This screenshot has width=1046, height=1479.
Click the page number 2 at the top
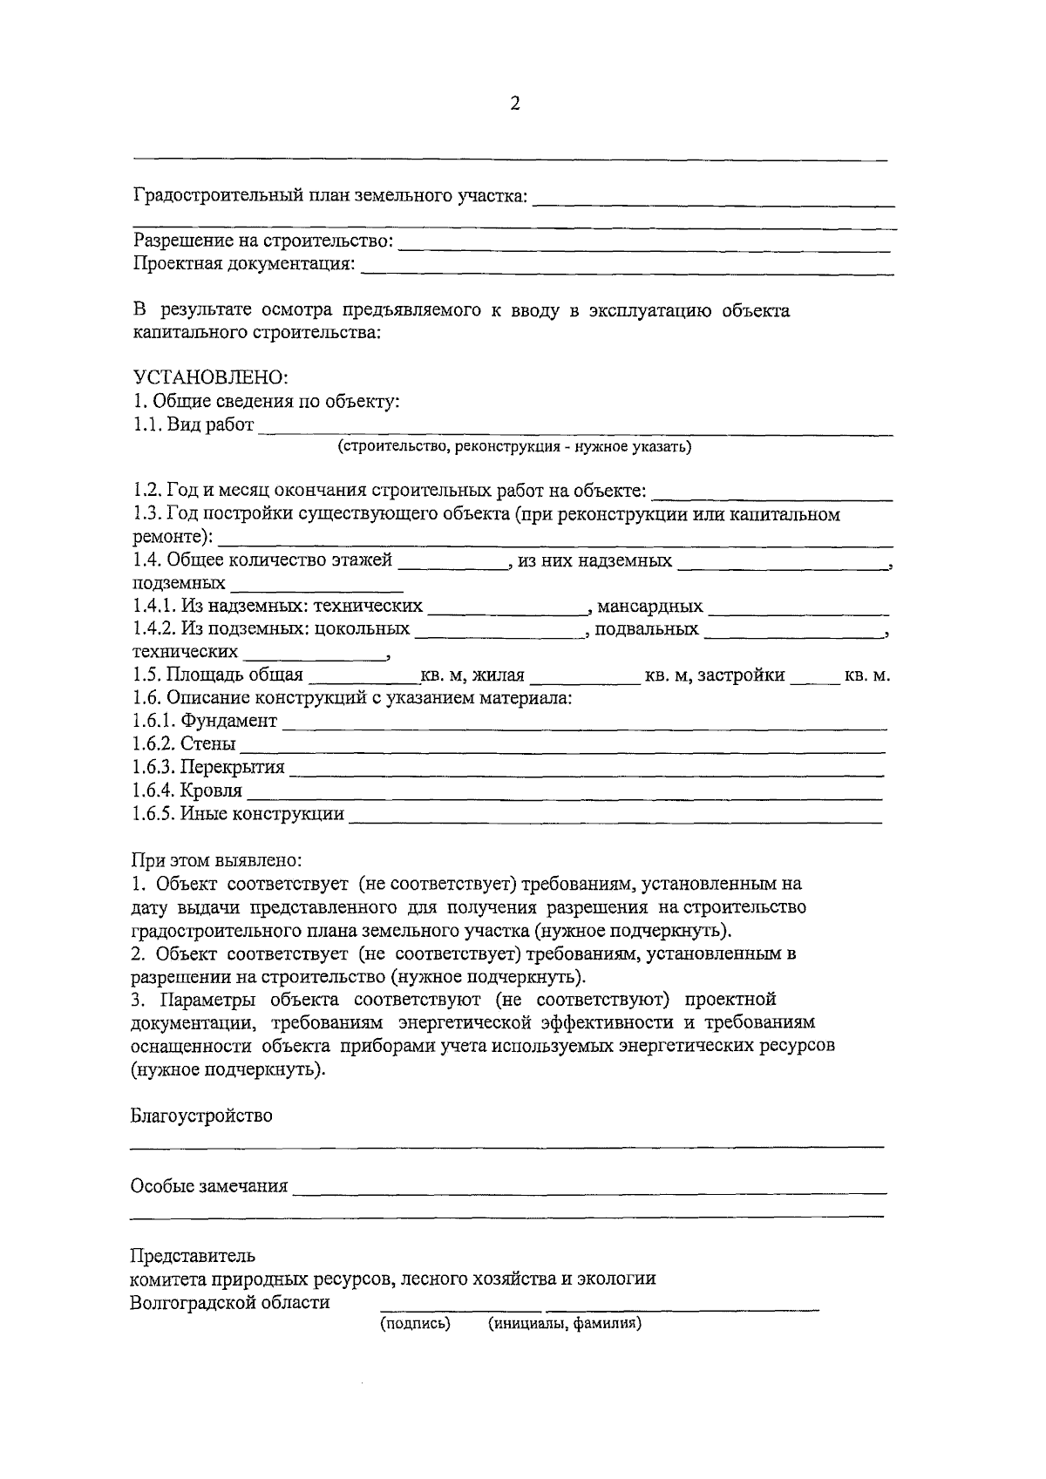(x=514, y=105)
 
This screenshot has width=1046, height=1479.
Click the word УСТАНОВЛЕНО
(x=209, y=378)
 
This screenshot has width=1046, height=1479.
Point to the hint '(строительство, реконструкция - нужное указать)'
(x=514, y=447)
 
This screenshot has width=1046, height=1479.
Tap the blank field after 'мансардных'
(x=798, y=608)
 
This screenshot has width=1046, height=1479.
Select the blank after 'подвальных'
(x=793, y=632)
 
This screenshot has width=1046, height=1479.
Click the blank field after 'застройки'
(x=814, y=678)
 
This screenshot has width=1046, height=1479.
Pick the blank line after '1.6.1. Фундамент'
(x=584, y=723)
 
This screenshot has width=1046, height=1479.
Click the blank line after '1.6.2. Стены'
(x=562, y=747)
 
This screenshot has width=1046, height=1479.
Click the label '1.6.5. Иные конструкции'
(x=238, y=814)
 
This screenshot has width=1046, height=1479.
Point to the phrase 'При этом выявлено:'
(x=216, y=861)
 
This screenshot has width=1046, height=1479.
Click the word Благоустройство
(x=201, y=1116)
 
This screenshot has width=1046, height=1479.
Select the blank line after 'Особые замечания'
(x=589, y=1189)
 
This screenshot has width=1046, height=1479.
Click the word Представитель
(x=193, y=1256)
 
